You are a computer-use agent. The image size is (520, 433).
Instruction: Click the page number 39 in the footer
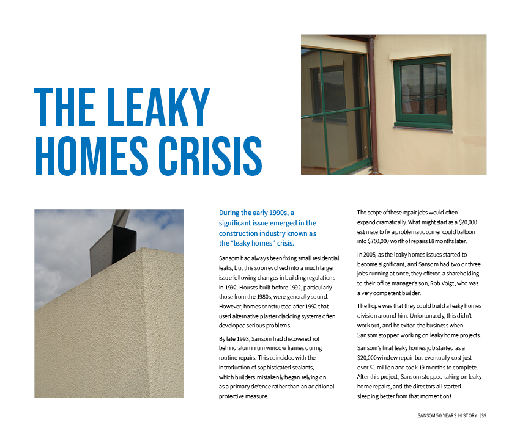[x=483, y=416]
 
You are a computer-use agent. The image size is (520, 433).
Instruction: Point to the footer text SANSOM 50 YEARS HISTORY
[x=444, y=416]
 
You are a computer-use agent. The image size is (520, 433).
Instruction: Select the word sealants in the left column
[x=301, y=367]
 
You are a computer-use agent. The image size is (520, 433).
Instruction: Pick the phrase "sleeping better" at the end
[x=377, y=396]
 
